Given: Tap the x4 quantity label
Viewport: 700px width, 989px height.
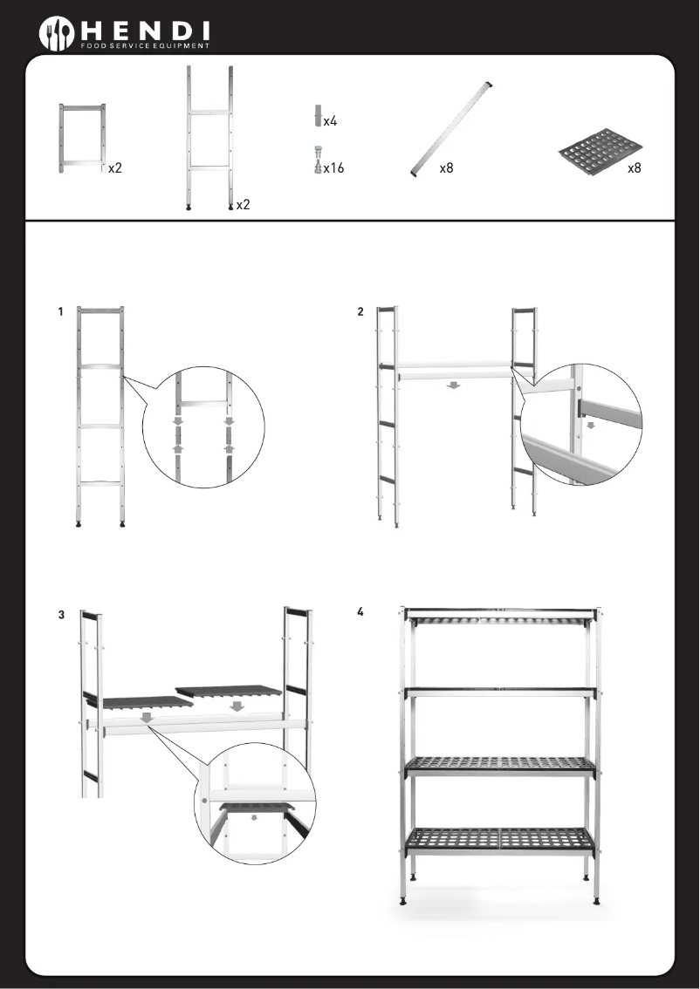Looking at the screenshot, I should point(331,121).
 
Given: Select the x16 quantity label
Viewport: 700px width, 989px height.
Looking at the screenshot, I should point(333,168).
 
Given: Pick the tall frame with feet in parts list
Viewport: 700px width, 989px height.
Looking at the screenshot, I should point(209,138).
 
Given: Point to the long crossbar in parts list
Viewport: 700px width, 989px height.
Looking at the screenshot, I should point(452,128).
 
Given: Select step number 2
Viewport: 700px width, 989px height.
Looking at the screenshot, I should point(360,312).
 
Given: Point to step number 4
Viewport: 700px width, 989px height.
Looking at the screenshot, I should point(360,611).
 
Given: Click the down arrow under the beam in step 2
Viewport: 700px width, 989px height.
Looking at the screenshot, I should point(452,386).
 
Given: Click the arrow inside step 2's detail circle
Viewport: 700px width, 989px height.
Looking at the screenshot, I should point(591,426).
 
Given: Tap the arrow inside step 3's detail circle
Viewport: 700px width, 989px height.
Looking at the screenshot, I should point(255,818).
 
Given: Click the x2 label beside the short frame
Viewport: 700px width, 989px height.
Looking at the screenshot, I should point(115,168).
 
